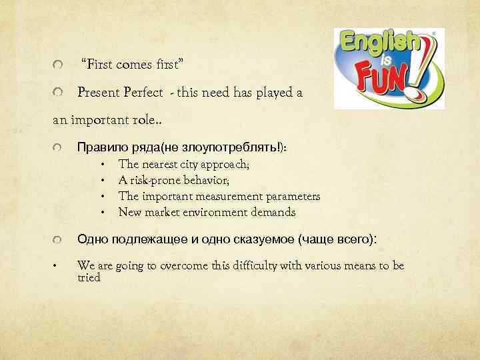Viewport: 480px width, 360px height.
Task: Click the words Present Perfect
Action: point(120,93)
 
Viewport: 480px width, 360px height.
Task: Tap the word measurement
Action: point(227,196)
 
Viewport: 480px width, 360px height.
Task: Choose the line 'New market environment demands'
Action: point(207,212)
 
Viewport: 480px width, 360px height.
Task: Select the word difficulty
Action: point(258,265)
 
